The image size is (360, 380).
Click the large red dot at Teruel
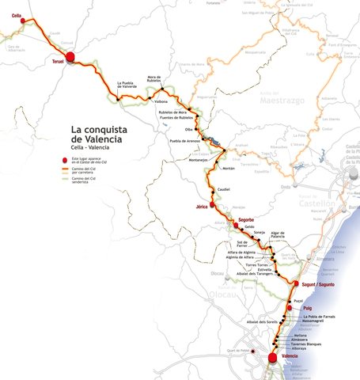pyautogui.click(x=70, y=56)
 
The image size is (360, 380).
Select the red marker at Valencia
pyautogui.click(x=273, y=357)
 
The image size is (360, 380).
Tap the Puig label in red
pyautogui.click(x=309, y=308)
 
